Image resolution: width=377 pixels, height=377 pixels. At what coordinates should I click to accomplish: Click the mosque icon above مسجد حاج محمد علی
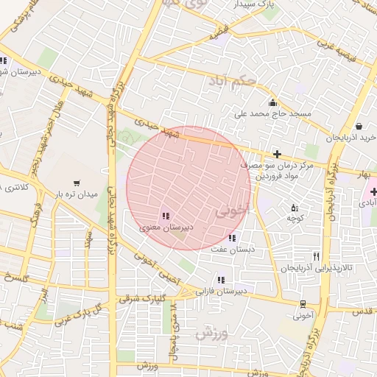click(273, 102)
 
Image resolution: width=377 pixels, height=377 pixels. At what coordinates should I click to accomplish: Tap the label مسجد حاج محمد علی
click(273, 114)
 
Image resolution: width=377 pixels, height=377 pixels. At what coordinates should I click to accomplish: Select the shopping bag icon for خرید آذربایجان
click(358, 126)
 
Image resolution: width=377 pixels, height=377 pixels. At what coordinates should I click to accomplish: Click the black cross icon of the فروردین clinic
click(277, 154)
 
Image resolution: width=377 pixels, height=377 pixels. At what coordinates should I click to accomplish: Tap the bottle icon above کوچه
click(295, 208)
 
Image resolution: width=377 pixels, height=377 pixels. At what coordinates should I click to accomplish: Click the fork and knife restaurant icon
click(317, 256)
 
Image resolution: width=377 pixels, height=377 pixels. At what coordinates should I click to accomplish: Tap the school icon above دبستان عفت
click(232, 238)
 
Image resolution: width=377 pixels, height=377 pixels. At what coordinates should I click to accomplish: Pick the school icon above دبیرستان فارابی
click(221, 280)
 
